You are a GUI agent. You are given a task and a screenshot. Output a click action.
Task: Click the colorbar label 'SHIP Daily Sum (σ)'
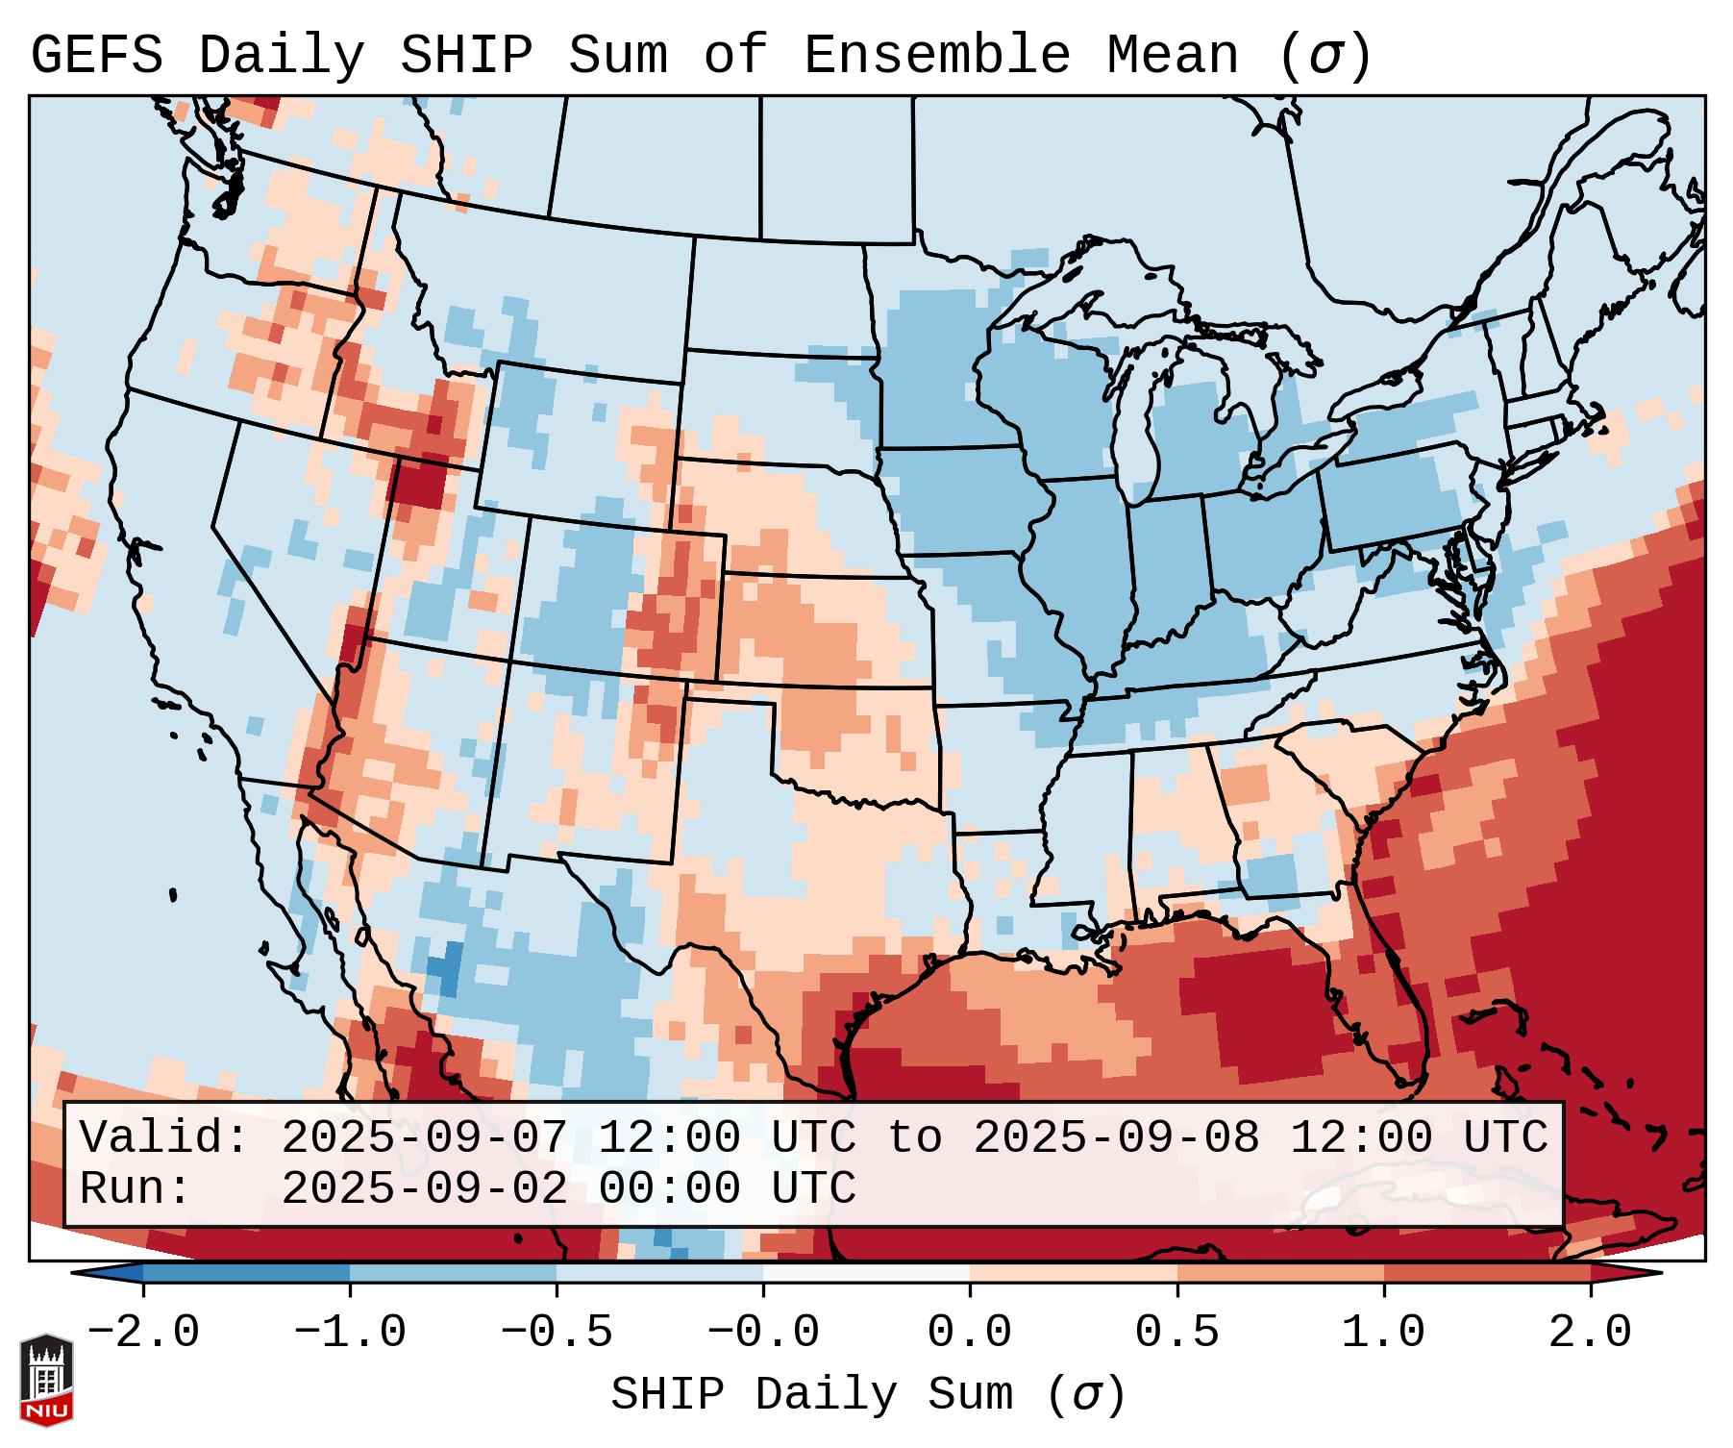tap(867, 1395)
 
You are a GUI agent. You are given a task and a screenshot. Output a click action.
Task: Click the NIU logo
tap(46, 1381)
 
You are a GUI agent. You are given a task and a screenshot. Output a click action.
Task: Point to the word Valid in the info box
tap(163, 1138)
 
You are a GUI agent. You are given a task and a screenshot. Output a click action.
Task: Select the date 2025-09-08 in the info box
tap(1116, 1138)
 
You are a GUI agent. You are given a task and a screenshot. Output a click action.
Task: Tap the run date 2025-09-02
tap(424, 1189)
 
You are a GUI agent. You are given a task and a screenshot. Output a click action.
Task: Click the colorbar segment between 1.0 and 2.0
tap(1487, 1273)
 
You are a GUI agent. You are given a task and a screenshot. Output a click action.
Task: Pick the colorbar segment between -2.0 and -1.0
tap(246, 1273)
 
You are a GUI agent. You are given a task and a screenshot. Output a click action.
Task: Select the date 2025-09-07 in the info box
tap(424, 1138)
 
